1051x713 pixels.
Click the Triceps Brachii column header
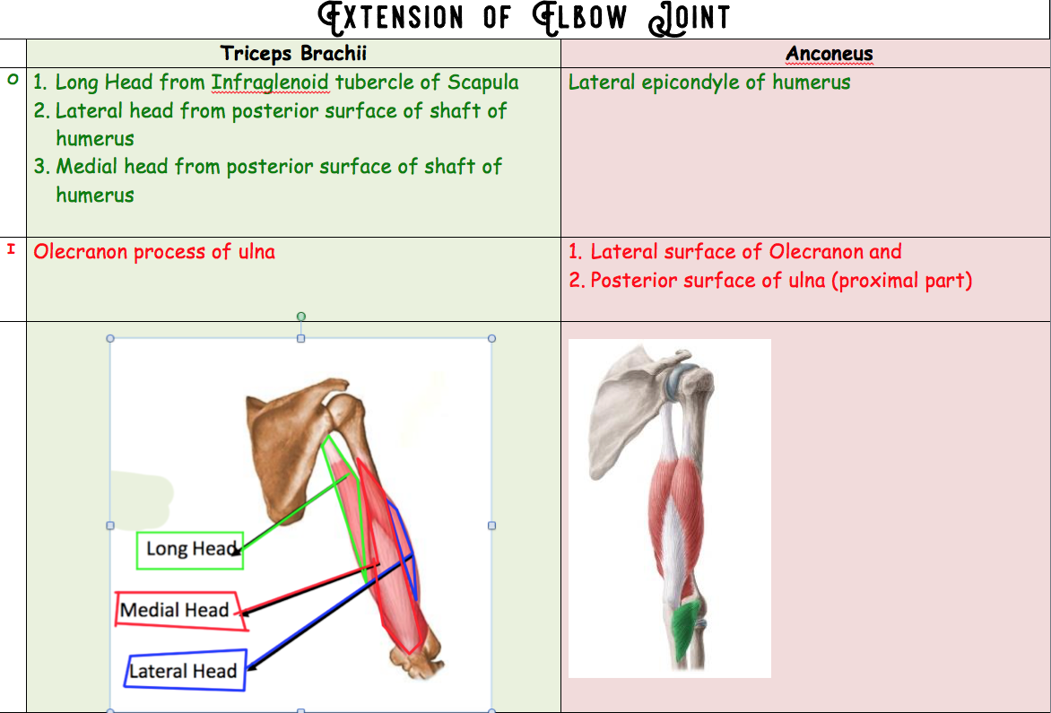click(293, 53)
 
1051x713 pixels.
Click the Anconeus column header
click(829, 54)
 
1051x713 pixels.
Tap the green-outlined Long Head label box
click(190, 550)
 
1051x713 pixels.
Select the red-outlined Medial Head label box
click(176, 610)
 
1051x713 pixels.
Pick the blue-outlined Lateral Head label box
click(185, 670)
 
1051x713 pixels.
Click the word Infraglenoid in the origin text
click(270, 83)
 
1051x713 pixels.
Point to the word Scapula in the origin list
click(482, 83)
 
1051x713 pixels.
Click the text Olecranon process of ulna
click(154, 252)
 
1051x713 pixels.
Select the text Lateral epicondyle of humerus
click(709, 83)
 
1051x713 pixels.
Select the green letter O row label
click(12, 80)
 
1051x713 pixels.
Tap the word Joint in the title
click(696, 17)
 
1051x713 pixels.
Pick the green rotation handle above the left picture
click(300, 316)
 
